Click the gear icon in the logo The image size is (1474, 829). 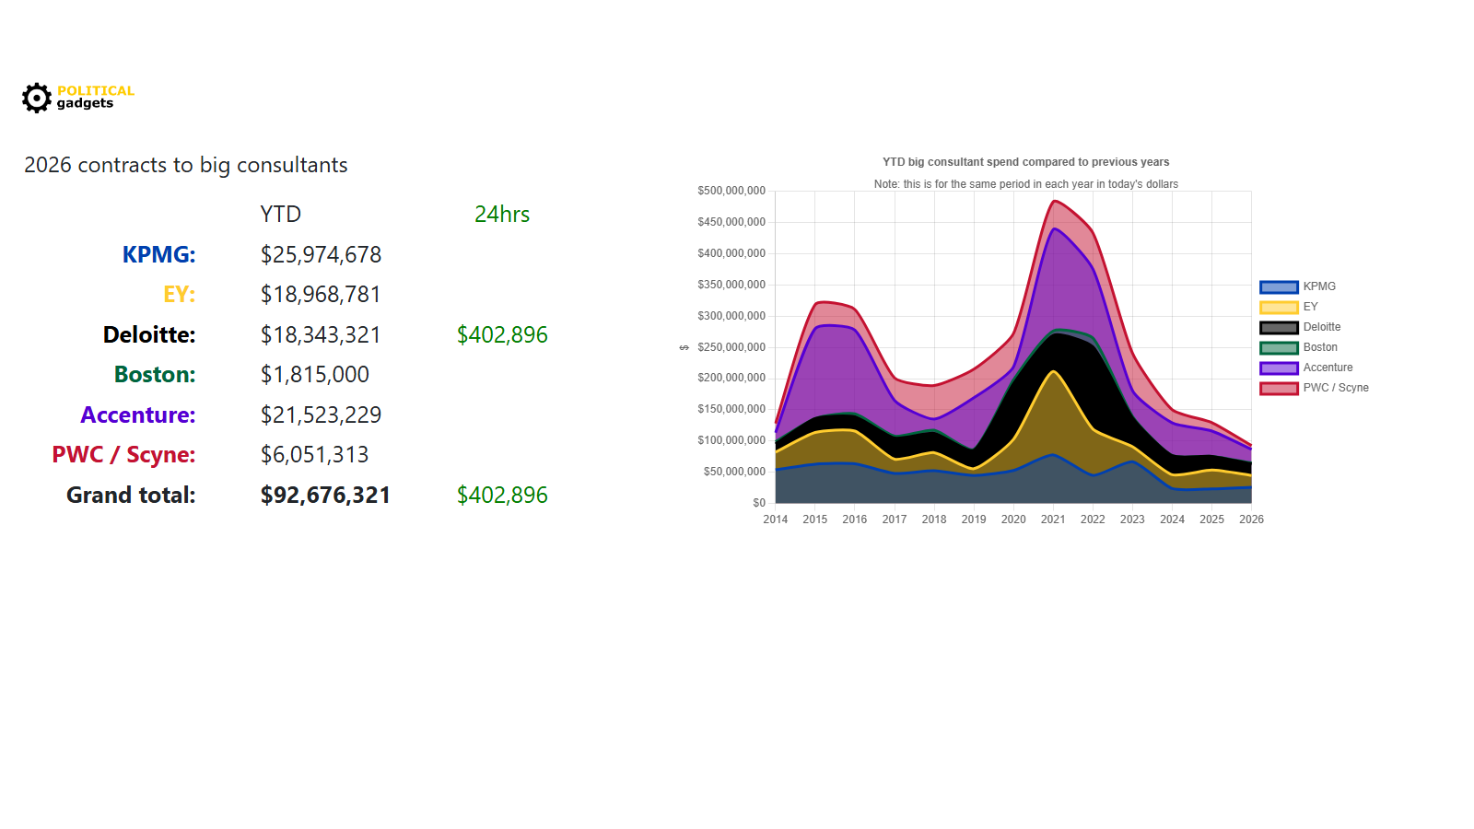(x=37, y=98)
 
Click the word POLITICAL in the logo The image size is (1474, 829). (x=95, y=90)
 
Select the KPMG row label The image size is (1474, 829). (x=158, y=254)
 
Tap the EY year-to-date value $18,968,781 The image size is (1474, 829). (x=320, y=294)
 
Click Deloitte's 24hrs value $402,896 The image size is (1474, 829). (x=502, y=334)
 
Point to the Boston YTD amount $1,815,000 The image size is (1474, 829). (x=314, y=374)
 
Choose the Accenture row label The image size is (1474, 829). (x=137, y=414)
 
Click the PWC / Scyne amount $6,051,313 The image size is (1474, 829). (x=314, y=454)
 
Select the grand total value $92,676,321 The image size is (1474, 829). (x=325, y=495)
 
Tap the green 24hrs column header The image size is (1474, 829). (x=502, y=214)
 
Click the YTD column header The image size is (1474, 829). (x=280, y=214)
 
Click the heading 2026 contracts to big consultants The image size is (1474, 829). (x=185, y=165)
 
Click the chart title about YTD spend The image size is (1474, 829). (x=1025, y=162)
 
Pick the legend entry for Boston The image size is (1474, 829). (x=1319, y=347)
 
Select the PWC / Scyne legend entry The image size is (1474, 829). (x=1335, y=388)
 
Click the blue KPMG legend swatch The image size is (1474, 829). (x=1279, y=286)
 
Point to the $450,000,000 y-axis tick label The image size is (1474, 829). (x=731, y=222)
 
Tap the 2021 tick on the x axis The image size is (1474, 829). (x=1053, y=520)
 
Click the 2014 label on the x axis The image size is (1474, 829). (x=775, y=520)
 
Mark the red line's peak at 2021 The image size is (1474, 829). (x=1054, y=201)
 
